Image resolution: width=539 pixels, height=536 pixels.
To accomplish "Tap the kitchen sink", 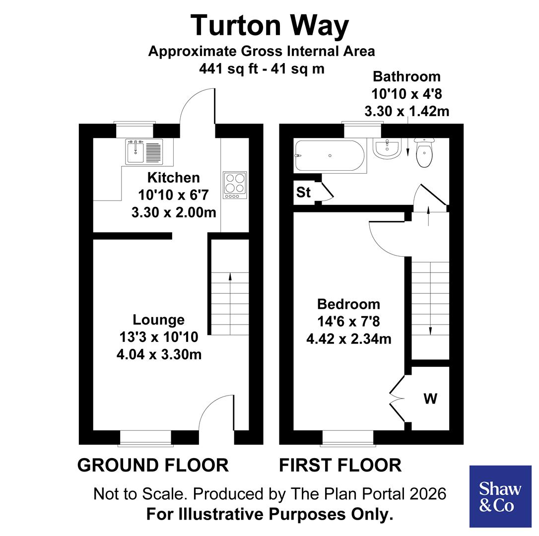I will (143, 152).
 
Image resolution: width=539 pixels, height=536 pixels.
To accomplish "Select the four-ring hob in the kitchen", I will (235, 184).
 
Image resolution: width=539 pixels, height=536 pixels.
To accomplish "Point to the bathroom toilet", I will (424, 152).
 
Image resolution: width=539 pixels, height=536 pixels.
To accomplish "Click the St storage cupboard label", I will (303, 193).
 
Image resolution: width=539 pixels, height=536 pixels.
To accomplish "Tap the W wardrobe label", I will (430, 398).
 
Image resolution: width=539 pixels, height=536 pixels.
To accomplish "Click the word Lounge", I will (158, 320).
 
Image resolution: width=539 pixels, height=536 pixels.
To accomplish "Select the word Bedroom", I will (348, 304).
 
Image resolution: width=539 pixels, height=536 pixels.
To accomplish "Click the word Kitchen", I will (173, 178).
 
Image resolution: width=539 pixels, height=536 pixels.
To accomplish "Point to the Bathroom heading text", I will (406, 76).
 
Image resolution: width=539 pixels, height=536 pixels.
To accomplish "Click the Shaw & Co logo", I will (500, 496).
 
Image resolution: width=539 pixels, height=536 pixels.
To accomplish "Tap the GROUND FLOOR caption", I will (153, 466).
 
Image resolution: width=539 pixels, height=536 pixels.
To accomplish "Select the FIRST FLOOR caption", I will (340, 466).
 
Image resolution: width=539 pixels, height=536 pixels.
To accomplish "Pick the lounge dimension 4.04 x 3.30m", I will (159, 355).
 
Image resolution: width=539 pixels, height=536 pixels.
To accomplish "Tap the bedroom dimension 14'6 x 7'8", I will (348, 322).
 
